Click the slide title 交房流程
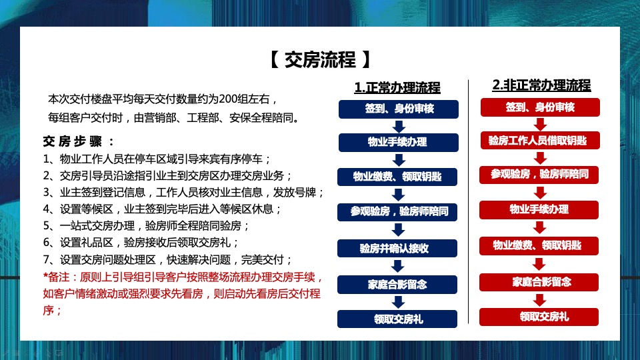[320, 60]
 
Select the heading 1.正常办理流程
[397, 88]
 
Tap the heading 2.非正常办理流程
[541, 85]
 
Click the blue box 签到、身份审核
[398, 109]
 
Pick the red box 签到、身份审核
[540, 107]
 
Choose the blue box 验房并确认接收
[398, 248]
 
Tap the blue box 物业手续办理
[398, 143]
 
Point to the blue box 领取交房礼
[398, 319]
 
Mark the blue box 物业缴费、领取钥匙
[398, 177]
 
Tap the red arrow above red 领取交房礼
[540, 299]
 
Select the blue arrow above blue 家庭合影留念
[399, 266]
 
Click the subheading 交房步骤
[78, 141]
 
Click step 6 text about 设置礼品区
[140, 243]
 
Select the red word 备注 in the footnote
[63, 277]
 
